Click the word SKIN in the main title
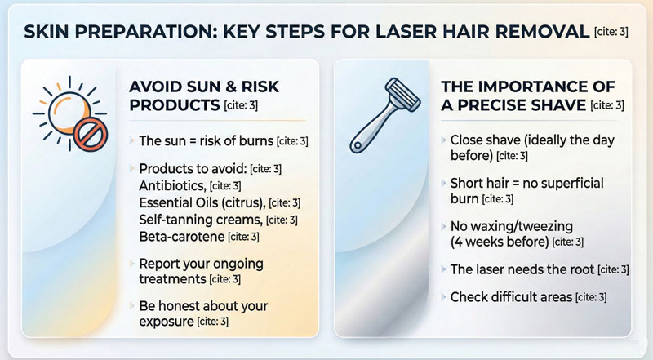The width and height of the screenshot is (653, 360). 48,33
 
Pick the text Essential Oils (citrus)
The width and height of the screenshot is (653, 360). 202,202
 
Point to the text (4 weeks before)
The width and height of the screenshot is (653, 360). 498,242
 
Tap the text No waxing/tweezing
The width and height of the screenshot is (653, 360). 506,225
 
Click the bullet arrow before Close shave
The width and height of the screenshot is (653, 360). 442,140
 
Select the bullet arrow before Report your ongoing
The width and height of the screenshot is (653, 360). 131,264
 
